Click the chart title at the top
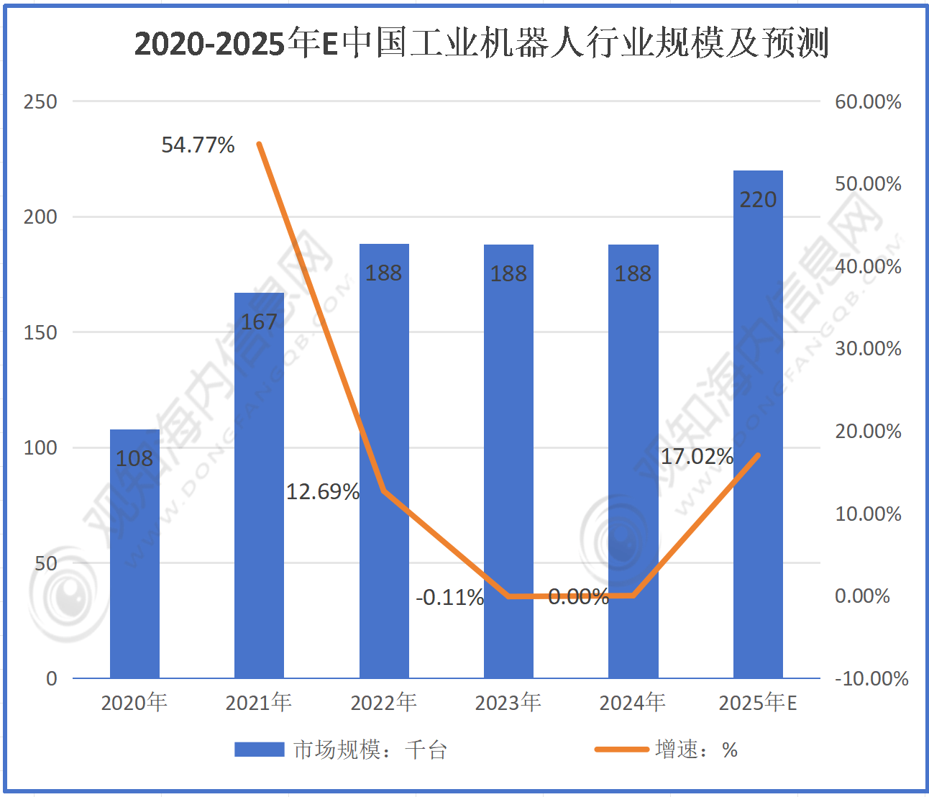point(481,43)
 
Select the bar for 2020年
point(134,554)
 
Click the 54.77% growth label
point(198,145)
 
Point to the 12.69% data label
point(323,492)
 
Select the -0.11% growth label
point(449,598)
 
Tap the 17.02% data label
point(696,457)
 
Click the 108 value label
point(134,458)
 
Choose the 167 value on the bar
point(259,322)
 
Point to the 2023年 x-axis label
point(508,702)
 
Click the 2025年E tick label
point(758,702)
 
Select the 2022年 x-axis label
point(383,702)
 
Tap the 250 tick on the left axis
point(40,101)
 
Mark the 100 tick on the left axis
point(40,447)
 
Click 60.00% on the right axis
point(868,101)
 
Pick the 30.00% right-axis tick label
point(868,349)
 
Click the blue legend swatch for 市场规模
point(259,750)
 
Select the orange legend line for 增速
point(621,750)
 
